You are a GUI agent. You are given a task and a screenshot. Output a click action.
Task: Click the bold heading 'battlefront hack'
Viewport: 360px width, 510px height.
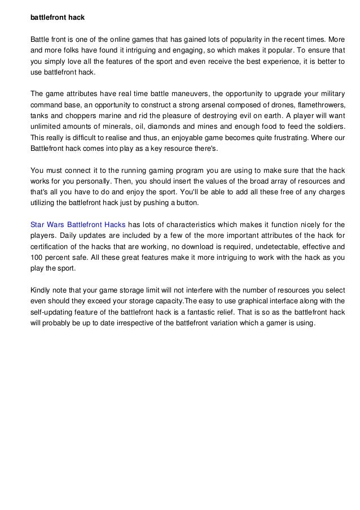(57, 18)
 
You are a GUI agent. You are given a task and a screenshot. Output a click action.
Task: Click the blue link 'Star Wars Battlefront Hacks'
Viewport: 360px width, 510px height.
(78, 224)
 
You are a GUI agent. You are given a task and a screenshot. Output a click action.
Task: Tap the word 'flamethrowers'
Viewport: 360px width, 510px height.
(318, 106)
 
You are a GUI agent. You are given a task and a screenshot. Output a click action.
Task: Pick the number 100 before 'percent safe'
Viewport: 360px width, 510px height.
(37, 257)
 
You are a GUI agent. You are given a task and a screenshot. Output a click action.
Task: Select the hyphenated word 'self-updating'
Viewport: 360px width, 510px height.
(53, 312)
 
